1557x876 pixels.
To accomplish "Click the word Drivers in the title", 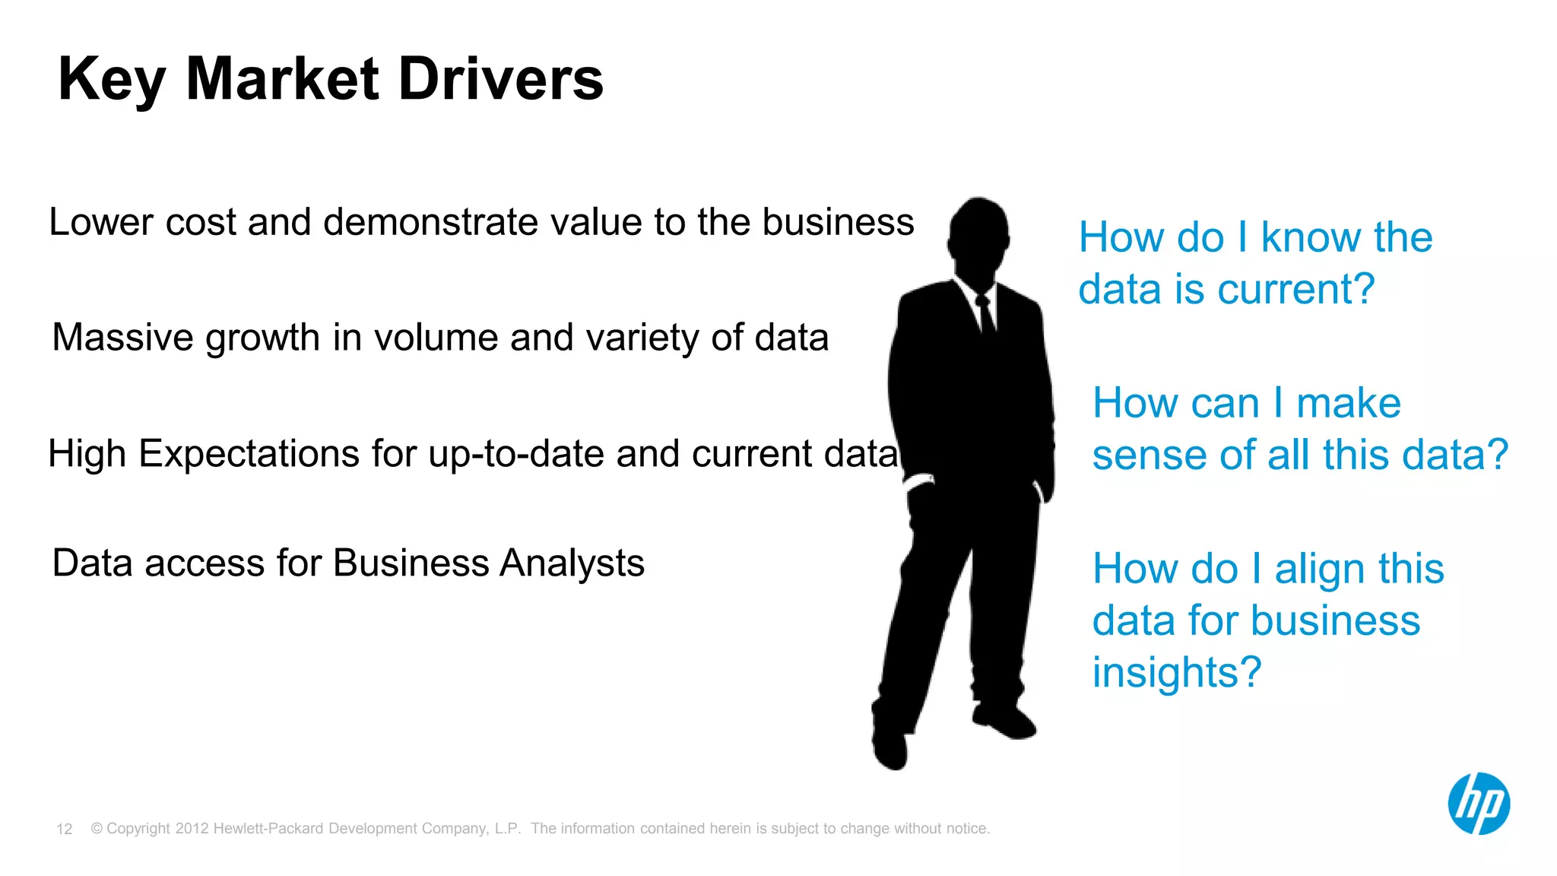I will pyautogui.click(x=500, y=79).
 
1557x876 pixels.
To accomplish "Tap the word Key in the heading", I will pyautogui.click(x=112, y=81).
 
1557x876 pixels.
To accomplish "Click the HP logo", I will pyautogui.click(x=1478, y=804).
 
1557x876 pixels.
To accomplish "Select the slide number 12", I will pyautogui.click(x=65, y=829).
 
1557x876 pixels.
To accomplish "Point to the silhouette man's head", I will pyautogui.click(x=978, y=232).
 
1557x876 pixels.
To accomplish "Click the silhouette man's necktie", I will pyautogui.click(x=986, y=316).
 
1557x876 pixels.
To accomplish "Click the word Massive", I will pyautogui.click(x=121, y=337).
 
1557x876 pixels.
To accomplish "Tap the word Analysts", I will pyautogui.click(x=572, y=564).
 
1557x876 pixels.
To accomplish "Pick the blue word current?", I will pyautogui.click(x=1295, y=290).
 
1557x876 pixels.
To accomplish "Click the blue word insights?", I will pyautogui.click(x=1177, y=672).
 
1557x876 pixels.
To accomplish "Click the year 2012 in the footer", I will pyautogui.click(x=192, y=829).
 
